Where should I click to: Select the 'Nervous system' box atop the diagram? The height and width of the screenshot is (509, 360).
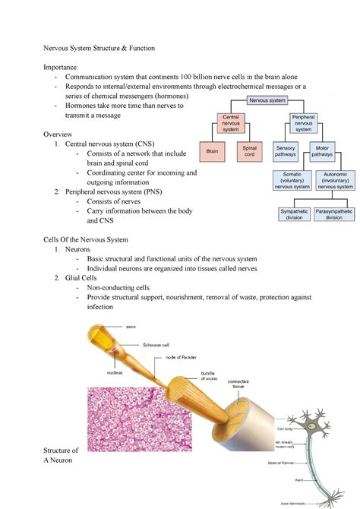click(x=266, y=100)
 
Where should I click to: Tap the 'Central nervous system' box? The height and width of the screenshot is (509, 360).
click(x=229, y=123)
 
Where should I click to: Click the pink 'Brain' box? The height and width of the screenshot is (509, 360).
click(x=212, y=151)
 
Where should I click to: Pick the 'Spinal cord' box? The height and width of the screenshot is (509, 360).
click(x=248, y=151)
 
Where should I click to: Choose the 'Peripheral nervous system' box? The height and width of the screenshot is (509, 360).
click(x=304, y=123)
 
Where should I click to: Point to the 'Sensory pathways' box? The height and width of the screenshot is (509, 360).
click(x=286, y=151)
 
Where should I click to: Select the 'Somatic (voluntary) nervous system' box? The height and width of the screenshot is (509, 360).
click(x=292, y=181)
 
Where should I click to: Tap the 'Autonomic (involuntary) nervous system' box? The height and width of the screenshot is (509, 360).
click(x=334, y=181)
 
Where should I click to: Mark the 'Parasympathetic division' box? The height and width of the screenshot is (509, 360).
click(x=334, y=213)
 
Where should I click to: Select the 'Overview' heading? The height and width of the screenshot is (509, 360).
click(x=60, y=133)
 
